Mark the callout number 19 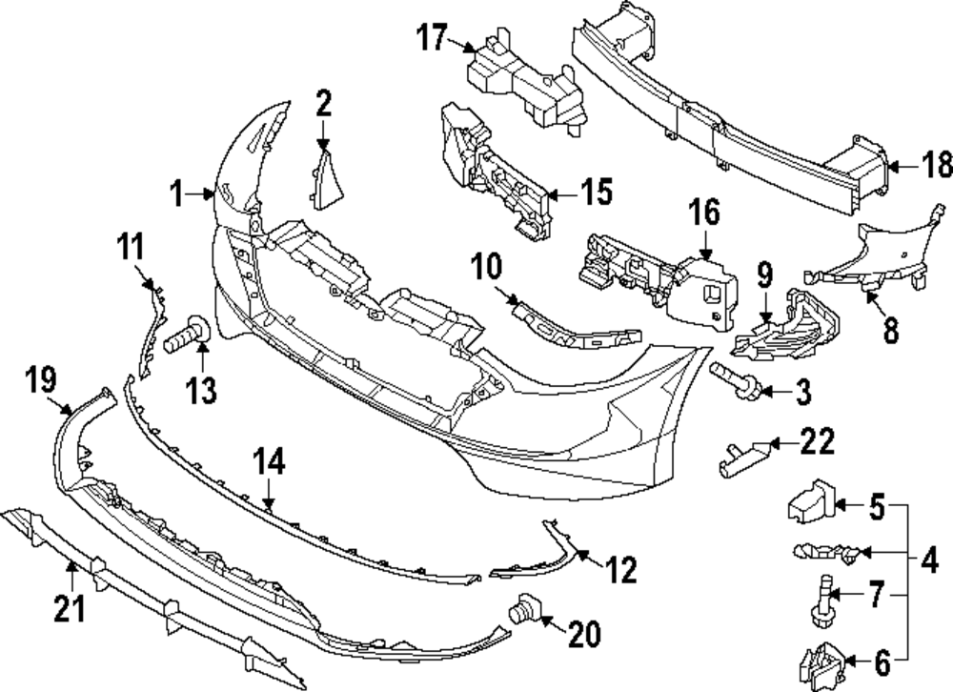pos(41,383)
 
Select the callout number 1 pos(175,195)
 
